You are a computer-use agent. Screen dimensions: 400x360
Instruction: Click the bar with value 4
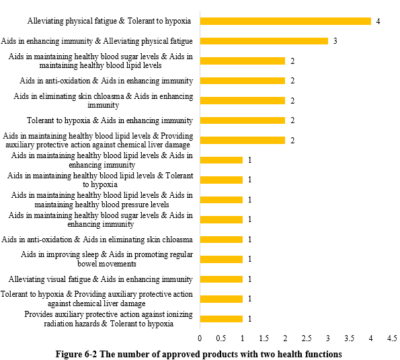point(286,21)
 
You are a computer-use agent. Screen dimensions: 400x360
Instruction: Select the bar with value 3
point(264,41)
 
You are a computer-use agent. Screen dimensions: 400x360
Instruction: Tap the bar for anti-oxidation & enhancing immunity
point(243,81)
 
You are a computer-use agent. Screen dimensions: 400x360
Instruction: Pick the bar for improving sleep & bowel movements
point(221,259)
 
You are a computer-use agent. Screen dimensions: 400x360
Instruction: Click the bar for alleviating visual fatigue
point(221,279)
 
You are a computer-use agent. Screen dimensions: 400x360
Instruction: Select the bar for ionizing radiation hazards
point(221,319)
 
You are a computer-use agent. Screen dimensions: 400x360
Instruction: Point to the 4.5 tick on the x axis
point(392,338)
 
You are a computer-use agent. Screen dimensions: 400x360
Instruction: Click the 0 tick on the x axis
point(200,338)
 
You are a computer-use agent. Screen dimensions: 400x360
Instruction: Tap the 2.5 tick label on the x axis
point(307,338)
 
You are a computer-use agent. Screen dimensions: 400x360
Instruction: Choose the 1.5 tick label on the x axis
point(264,338)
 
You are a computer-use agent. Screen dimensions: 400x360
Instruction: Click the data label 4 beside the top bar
point(378,22)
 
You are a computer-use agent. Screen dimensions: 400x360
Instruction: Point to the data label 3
point(335,41)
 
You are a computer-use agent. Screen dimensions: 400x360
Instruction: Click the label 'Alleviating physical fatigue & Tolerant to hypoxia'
point(109,21)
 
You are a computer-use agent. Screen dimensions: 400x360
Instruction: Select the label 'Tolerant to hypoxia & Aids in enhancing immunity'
point(110,120)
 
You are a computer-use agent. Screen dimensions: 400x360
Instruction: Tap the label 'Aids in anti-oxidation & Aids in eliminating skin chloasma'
point(97,240)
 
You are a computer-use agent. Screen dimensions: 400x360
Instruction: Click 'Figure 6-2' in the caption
point(76,354)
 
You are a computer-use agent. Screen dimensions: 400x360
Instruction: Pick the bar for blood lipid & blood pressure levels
point(221,200)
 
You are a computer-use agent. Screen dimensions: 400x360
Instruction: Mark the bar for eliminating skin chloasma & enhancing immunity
point(243,100)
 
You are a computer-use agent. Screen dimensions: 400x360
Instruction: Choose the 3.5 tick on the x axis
point(349,338)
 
